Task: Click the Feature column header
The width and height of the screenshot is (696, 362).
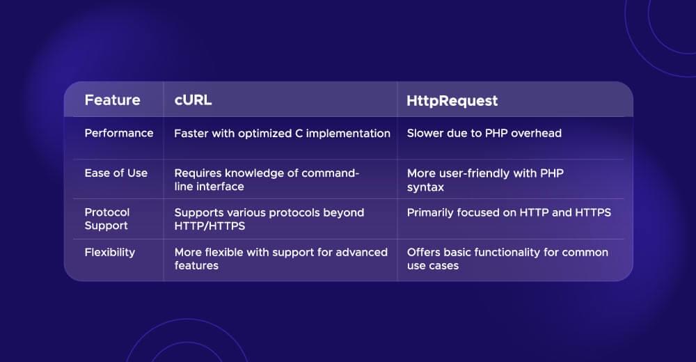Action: (x=112, y=100)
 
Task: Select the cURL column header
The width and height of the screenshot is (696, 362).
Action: (x=193, y=100)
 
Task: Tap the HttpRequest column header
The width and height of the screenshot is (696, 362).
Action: (x=452, y=101)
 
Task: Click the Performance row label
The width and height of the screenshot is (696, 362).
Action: (x=119, y=133)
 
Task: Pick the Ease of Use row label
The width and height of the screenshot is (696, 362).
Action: (x=116, y=173)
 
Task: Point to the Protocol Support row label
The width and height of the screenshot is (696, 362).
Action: (x=107, y=219)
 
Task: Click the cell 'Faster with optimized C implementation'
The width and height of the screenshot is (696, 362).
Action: (x=282, y=133)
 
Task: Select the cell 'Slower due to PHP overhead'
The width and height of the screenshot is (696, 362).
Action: (x=484, y=133)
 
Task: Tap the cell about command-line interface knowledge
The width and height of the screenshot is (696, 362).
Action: (x=266, y=180)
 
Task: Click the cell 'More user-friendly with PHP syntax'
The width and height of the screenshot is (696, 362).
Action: (x=485, y=180)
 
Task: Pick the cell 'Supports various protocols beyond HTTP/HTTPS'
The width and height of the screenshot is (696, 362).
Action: (x=269, y=219)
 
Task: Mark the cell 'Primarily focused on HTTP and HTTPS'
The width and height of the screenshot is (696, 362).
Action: (x=509, y=212)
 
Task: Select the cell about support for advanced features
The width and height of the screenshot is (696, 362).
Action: (x=280, y=258)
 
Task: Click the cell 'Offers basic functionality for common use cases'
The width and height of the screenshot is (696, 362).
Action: (x=507, y=258)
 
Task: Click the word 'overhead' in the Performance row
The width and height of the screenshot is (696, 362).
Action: (x=536, y=133)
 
